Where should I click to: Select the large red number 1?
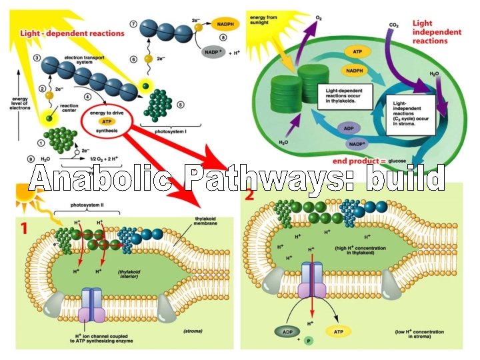24,228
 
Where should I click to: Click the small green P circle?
308,341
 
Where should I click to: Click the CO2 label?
393,25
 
